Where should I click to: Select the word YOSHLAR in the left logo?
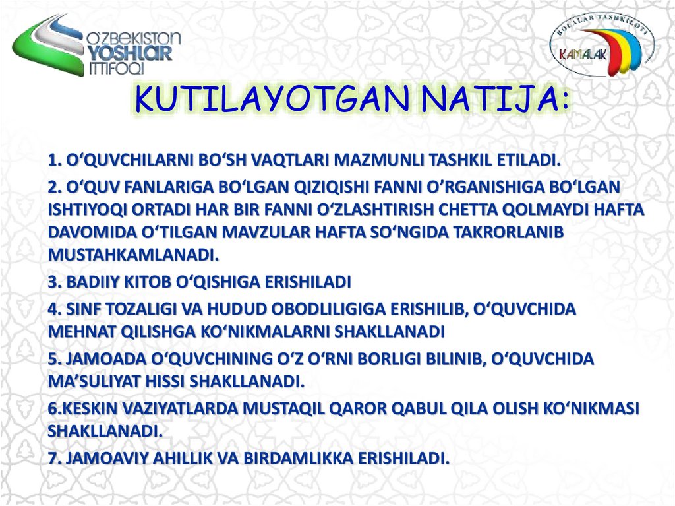130,53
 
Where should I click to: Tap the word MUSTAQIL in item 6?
280,409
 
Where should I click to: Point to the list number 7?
53,459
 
